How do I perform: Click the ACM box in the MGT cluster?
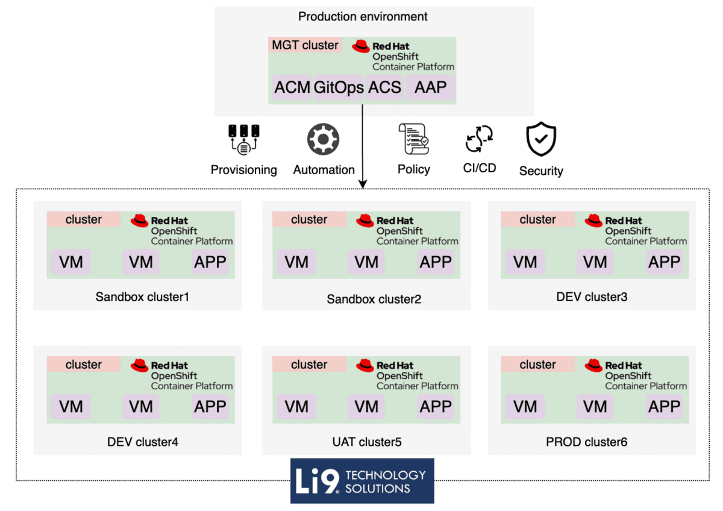click(x=292, y=88)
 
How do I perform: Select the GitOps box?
click(x=339, y=88)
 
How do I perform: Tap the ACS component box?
click(x=384, y=88)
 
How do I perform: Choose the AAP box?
click(x=430, y=88)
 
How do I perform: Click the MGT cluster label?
click(x=305, y=45)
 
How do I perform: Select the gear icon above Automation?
click(x=324, y=139)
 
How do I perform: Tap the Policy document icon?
click(x=413, y=140)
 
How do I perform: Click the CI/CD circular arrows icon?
click(x=480, y=139)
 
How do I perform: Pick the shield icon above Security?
click(x=540, y=139)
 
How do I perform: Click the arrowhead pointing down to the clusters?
click(x=363, y=183)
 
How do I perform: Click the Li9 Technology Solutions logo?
click(x=362, y=481)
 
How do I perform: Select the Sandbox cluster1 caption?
click(x=143, y=297)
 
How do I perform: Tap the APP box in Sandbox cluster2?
click(x=436, y=262)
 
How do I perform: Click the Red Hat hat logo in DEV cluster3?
click(x=593, y=221)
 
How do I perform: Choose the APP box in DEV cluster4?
click(x=210, y=407)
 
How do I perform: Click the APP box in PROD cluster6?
click(x=664, y=407)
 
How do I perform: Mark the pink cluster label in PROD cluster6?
click(x=537, y=365)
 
